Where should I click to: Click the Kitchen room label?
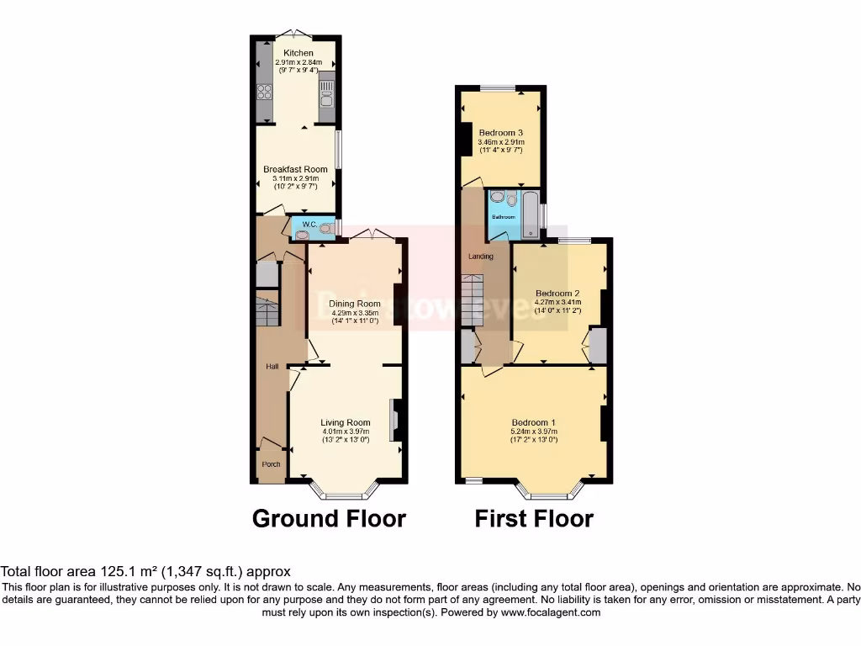pyautogui.click(x=298, y=53)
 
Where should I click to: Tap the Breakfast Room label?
pyautogui.click(x=295, y=169)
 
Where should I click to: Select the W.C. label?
pyautogui.click(x=309, y=224)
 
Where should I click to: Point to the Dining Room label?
pyautogui.click(x=354, y=304)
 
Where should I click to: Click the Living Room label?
pyautogui.click(x=345, y=422)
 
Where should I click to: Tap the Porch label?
pyautogui.click(x=271, y=464)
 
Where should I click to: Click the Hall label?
pyautogui.click(x=272, y=367)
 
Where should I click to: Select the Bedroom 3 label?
pyautogui.click(x=501, y=133)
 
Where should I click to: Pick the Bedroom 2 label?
pyautogui.click(x=557, y=293)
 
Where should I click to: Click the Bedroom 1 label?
pyautogui.click(x=534, y=422)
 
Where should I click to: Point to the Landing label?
pyautogui.click(x=481, y=257)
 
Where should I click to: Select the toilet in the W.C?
pyautogui.click(x=325, y=227)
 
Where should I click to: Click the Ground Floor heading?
pyautogui.click(x=329, y=519)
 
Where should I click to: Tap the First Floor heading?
pyautogui.click(x=534, y=519)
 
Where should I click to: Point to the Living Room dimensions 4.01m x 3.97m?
pyautogui.click(x=345, y=432)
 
